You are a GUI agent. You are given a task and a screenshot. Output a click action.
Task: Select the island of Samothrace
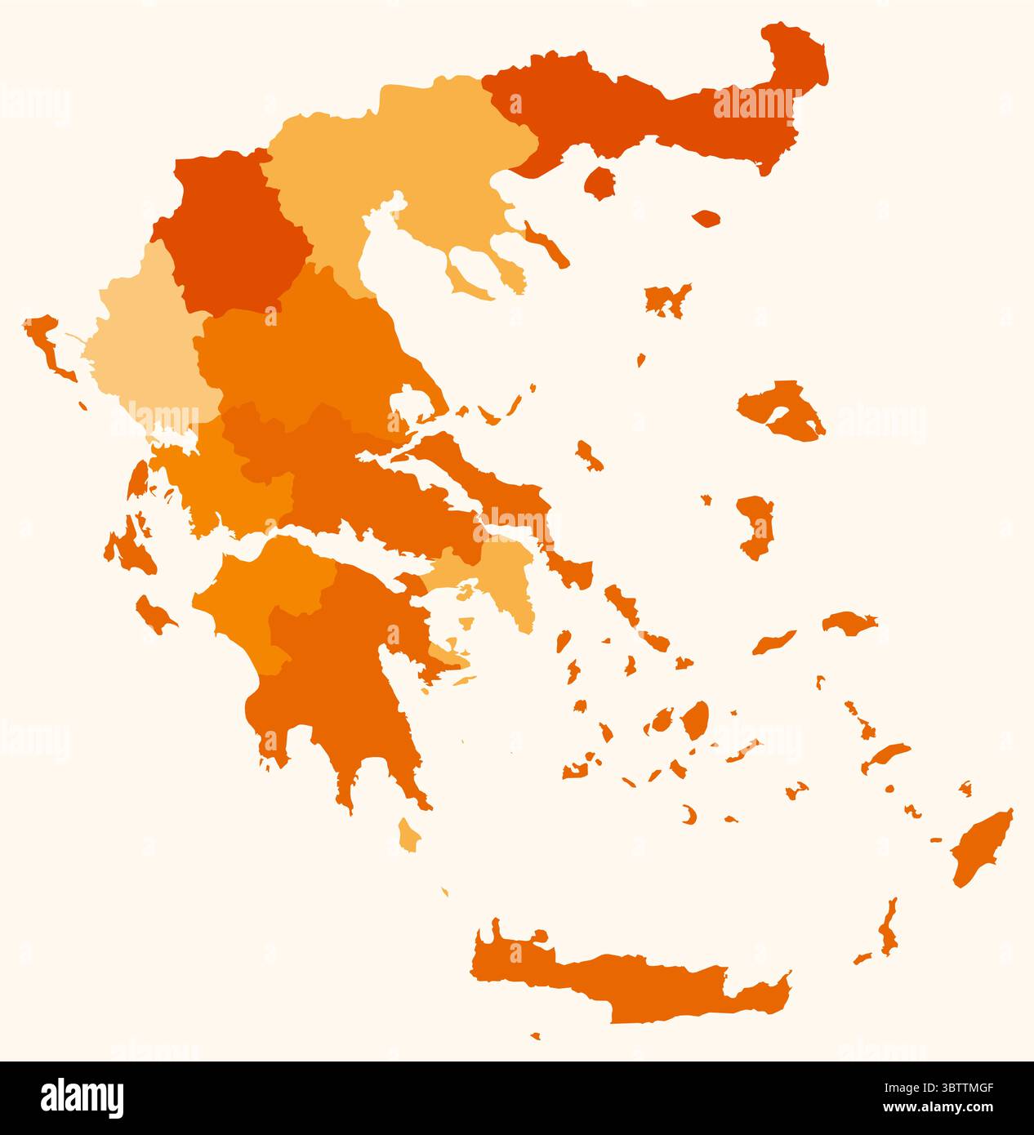click(706, 219)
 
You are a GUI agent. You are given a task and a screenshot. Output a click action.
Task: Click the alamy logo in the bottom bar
click(82, 1098)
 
